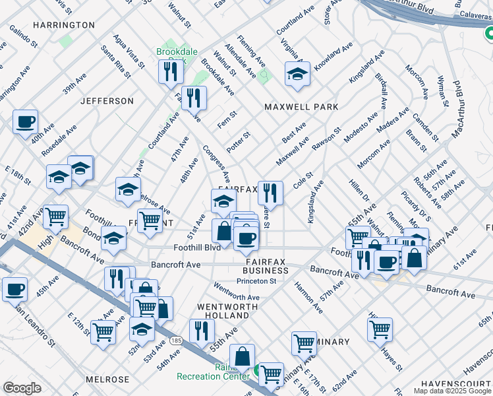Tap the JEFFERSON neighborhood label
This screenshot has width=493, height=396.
(107, 101)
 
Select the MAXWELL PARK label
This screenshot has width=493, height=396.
(301, 107)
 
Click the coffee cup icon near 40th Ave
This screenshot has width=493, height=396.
(25, 122)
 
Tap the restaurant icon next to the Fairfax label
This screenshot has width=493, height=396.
(270, 193)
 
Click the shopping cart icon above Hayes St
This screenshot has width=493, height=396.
(380, 328)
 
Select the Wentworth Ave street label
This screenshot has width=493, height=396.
(236, 292)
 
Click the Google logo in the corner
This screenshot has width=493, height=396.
(22, 388)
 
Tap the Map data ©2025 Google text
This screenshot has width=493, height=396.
(451, 391)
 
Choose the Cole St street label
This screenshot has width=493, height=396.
(303, 180)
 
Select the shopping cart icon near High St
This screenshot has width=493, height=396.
(55, 216)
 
